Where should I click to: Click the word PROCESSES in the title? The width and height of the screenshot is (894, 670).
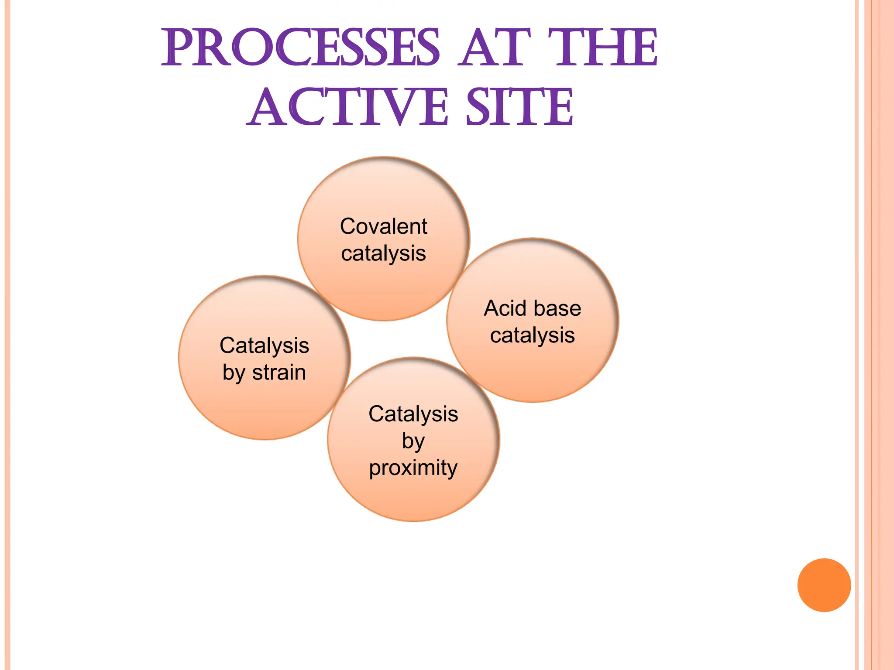click(300, 48)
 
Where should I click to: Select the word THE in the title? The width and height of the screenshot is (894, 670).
click(602, 48)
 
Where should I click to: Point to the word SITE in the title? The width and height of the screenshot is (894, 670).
click(519, 107)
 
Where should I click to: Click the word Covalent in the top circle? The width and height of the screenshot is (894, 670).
click(384, 226)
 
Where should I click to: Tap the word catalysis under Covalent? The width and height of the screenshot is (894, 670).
click(384, 253)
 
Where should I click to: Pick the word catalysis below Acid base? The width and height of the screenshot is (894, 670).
click(533, 335)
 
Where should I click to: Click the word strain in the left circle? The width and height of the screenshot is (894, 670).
click(279, 373)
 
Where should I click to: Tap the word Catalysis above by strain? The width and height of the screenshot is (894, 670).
click(265, 345)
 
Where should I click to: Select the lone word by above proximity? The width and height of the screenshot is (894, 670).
click(413, 441)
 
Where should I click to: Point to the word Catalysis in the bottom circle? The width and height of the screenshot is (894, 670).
click(413, 414)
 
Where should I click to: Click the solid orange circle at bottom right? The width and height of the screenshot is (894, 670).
click(824, 585)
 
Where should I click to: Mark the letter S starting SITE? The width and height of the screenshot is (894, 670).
click(478, 107)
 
